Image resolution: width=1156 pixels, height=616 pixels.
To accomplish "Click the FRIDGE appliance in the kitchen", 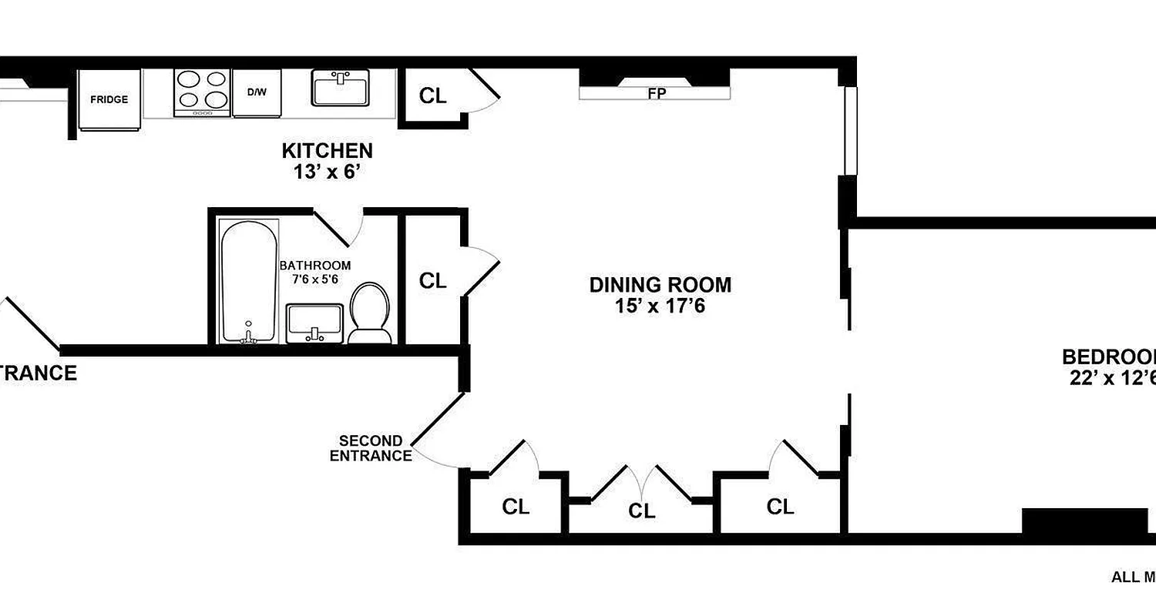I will pyautogui.click(x=109, y=99).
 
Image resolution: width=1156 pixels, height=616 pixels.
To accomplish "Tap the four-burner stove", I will pyautogui.click(x=203, y=92).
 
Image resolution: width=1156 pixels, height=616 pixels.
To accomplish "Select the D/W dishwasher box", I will pyautogui.click(x=257, y=92).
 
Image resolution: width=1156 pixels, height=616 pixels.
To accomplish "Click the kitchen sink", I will pyautogui.click(x=341, y=87).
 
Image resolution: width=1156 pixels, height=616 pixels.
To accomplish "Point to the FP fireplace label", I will pyautogui.click(x=657, y=93).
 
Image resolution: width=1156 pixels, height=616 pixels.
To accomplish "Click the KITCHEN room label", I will pyautogui.click(x=327, y=150).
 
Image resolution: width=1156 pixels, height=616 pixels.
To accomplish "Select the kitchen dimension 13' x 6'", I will pyautogui.click(x=327, y=172).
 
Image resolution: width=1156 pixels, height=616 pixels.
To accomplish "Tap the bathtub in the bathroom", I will pyautogui.click(x=249, y=281).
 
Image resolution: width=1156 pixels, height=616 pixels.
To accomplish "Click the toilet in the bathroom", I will pyautogui.click(x=370, y=312).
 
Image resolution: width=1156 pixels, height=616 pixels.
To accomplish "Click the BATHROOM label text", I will pyautogui.click(x=314, y=266).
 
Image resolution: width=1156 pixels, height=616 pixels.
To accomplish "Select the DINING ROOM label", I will pyautogui.click(x=660, y=285).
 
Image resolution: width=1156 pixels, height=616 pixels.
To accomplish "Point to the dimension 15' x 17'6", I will pyautogui.click(x=660, y=306).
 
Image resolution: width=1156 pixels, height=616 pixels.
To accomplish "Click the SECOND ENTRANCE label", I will pyautogui.click(x=371, y=448).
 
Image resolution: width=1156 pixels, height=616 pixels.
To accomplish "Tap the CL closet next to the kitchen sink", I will pyautogui.click(x=432, y=95).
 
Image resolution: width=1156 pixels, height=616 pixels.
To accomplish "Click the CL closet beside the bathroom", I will pyautogui.click(x=432, y=281).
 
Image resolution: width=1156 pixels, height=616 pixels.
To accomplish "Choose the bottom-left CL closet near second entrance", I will pyautogui.click(x=516, y=507).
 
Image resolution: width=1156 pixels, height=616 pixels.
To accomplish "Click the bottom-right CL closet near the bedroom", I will pyautogui.click(x=780, y=506).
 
